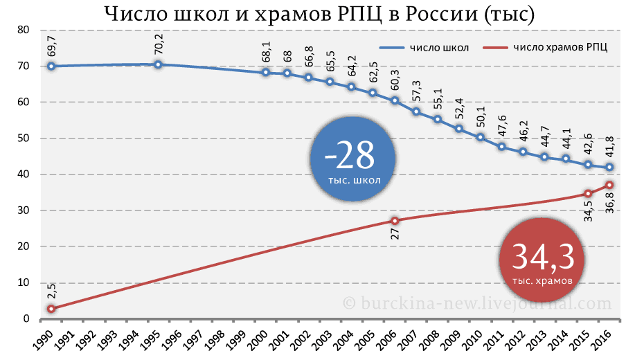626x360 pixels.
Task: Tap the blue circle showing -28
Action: [x=353, y=161]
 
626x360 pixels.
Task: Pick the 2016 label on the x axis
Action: [x=605, y=341]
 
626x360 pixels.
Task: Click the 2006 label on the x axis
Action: [x=390, y=341]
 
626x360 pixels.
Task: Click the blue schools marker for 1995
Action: [x=158, y=64]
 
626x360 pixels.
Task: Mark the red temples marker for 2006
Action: [x=395, y=221]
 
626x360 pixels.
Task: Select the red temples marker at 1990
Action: [x=51, y=309]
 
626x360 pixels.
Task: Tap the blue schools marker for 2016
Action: [x=609, y=168]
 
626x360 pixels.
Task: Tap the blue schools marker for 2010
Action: [x=481, y=137]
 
